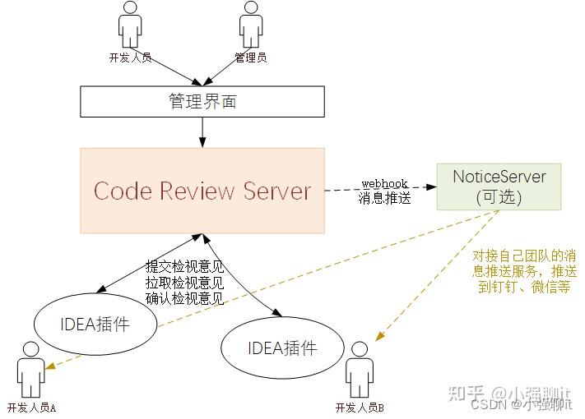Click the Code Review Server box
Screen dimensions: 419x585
(202, 191)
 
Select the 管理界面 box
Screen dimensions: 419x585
(202, 102)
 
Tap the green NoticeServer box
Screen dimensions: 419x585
(499, 186)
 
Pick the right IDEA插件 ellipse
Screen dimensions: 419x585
(281, 348)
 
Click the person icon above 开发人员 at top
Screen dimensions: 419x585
(130, 25)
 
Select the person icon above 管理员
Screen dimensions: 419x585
(250, 25)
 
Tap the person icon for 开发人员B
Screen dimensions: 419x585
(359, 367)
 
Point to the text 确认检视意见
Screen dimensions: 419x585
(184, 299)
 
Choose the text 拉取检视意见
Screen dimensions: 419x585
(184, 283)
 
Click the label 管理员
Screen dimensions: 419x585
(250, 58)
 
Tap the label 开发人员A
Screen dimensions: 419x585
(31, 407)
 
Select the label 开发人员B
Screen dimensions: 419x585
(360, 407)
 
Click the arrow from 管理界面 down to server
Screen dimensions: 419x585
(202, 131)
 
